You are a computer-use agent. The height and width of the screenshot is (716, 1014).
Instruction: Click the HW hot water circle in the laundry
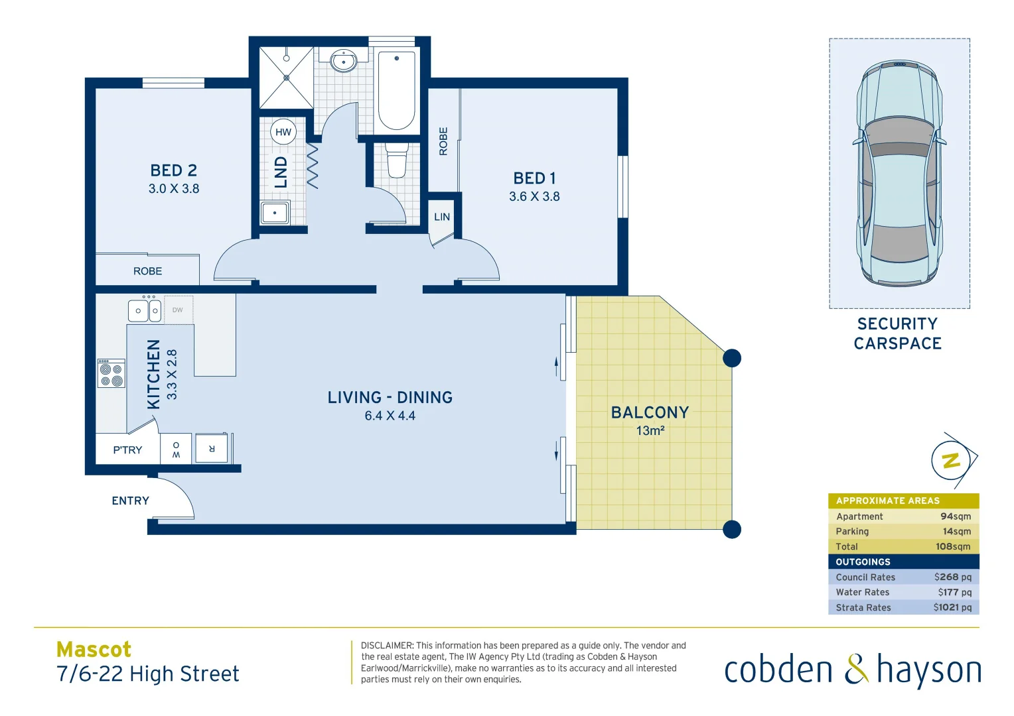point(283,132)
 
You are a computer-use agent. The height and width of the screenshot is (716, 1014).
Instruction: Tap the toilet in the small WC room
point(397,161)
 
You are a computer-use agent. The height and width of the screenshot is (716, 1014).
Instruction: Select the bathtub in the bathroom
point(396,90)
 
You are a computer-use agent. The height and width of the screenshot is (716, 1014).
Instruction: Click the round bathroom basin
point(344,62)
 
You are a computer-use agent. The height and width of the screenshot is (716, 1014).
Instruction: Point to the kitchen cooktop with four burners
point(111,373)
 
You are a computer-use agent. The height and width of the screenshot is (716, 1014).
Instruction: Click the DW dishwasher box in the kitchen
point(178,310)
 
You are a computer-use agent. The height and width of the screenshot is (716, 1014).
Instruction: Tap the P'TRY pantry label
point(127,450)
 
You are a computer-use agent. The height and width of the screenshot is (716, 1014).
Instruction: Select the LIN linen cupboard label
point(442,217)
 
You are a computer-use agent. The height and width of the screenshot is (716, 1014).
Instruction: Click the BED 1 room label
point(534,178)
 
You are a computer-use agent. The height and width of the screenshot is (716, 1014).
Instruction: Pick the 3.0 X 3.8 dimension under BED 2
point(174,189)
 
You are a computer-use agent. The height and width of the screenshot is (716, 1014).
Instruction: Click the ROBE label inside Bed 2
point(147,271)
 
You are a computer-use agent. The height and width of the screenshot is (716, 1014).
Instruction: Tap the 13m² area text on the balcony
point(650,431)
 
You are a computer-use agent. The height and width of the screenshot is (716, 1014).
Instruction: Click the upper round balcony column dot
point(731,358)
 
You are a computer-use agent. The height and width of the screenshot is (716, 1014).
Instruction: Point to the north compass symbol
point(952,459)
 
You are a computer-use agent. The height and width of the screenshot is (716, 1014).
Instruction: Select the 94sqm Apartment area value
point(955,516)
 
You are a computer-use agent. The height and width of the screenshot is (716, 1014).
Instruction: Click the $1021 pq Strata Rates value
point(952,607)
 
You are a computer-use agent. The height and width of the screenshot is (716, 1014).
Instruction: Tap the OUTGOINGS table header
point(863,562)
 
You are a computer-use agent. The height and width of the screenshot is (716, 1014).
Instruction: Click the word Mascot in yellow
point(94,649)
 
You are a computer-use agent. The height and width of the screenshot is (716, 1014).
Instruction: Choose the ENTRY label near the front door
point(130,501)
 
